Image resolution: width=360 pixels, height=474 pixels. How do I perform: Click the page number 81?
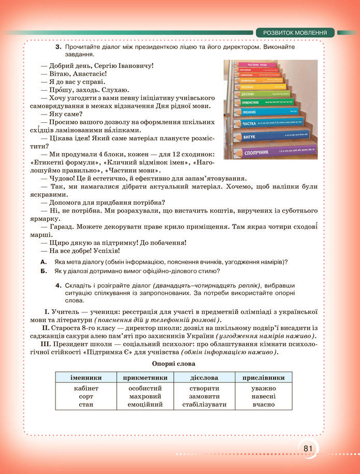tap(308, 448)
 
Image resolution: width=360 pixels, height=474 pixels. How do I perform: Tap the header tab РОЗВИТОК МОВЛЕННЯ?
tap(295, 33)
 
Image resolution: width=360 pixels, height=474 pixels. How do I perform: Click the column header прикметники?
tap(145, 378)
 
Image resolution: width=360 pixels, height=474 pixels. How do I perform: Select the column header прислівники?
tap(263, 378)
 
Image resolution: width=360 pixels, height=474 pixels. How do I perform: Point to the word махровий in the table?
tap(145, 396)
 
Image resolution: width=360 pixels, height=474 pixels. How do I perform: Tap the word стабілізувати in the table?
tap(204, 405)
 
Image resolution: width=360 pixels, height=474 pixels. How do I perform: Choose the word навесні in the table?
tap(263, 396)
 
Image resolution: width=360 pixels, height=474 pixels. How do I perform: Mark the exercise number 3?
tap(59, 47)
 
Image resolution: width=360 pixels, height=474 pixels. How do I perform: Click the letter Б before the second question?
tap(44, 271)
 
